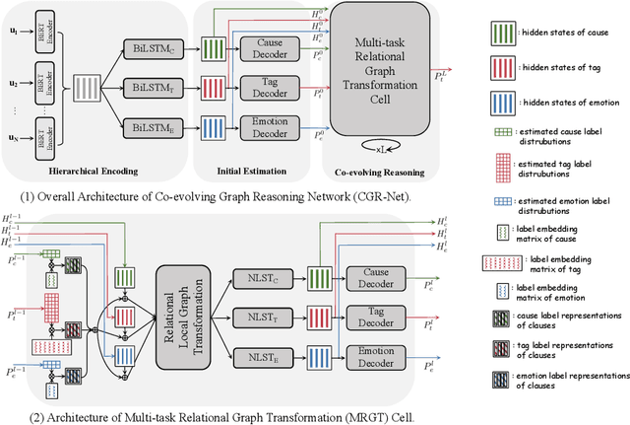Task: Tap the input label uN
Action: coord(15,138)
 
